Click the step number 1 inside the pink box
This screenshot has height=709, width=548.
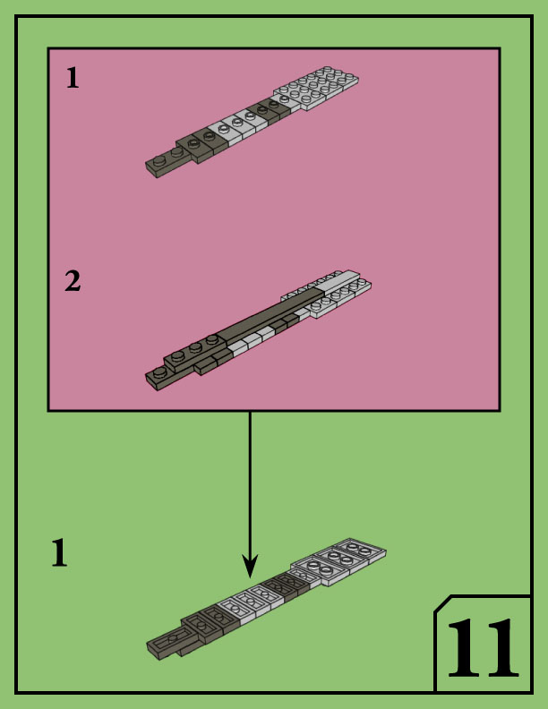click(73, 79)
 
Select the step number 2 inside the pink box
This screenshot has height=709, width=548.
click(73, 281)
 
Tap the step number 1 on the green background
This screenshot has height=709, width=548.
click(59, 553)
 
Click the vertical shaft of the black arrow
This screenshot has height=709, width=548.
click(250, 483)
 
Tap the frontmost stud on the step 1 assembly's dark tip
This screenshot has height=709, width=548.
click(159, 162)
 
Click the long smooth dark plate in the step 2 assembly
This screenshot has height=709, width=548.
click(269, 316)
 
